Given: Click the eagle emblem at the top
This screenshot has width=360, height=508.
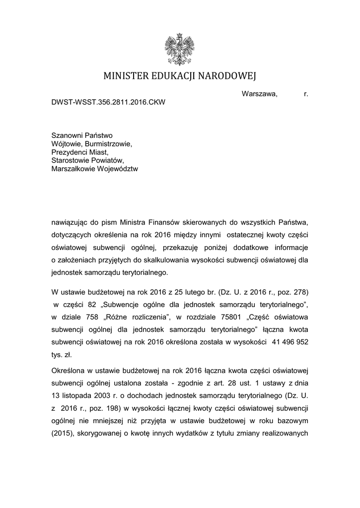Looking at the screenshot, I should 179,50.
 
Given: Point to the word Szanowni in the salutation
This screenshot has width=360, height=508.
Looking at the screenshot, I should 67,135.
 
